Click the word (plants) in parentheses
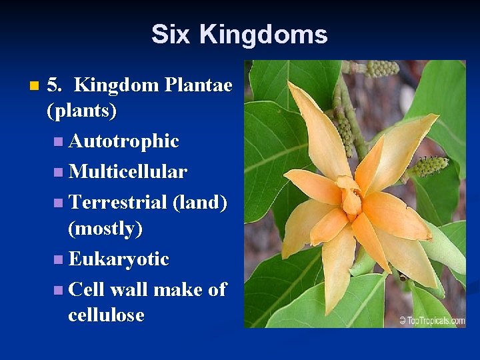click(x=82, y=111)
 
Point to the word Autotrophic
click(x=123, y=141)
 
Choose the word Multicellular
click(x=127, y=172)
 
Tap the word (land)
click(x=199, y=202)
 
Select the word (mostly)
click(x=105, y=229)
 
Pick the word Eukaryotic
click(x=119, y=259)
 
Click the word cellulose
click(x=106, y=315)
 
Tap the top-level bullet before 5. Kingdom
click(x=35, y=86)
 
